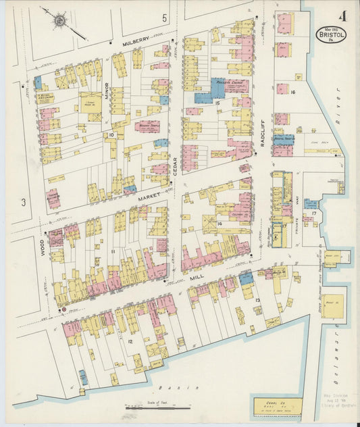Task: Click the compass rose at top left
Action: (59, 21)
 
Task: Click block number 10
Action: (111, 135)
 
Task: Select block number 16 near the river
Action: (292, 92)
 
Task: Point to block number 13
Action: (257, 298)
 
